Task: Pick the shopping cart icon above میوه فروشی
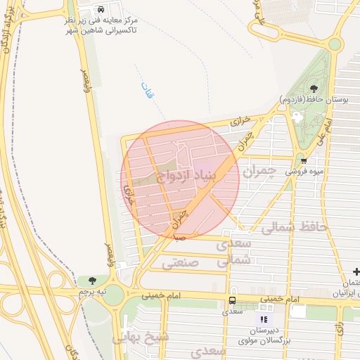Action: (x=304, y=160)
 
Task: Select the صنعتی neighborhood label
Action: (x=180, y=263)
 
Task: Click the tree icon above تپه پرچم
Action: (x=92, y=281)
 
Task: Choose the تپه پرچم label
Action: (x=92, y=290)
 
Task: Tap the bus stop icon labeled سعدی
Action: (x=232, y=300)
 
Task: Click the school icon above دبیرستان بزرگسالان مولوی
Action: (x=263, y=319)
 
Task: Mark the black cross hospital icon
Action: (x=356, y=271)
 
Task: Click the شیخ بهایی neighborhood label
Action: (x=146, y=338)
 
